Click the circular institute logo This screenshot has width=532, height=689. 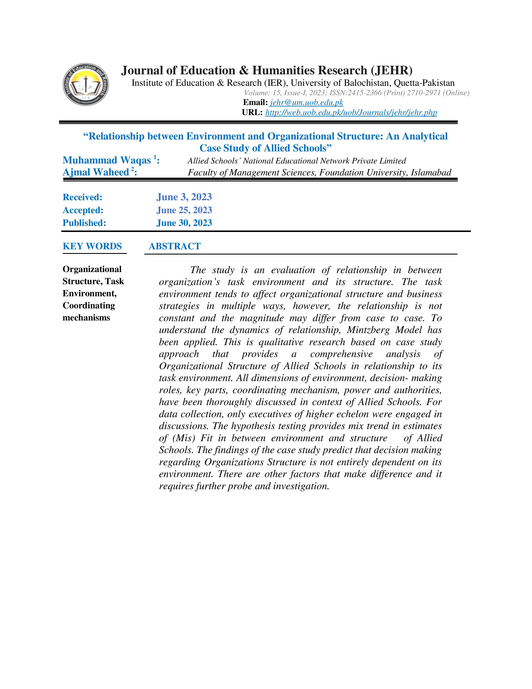pos(86,84)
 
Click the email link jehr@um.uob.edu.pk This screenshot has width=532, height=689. pos(306,103)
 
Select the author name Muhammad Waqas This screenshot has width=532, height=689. pos(107,160)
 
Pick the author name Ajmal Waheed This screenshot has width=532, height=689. pos(96,172)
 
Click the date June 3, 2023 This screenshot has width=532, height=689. pos(184,197)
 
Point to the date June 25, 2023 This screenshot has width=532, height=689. pos(184,210)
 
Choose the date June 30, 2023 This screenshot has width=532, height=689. pos(184,223)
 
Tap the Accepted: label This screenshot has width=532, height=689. pos(83,210)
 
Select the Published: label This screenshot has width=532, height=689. pos(84,223)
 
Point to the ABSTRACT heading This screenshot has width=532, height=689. pos(175,246)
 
